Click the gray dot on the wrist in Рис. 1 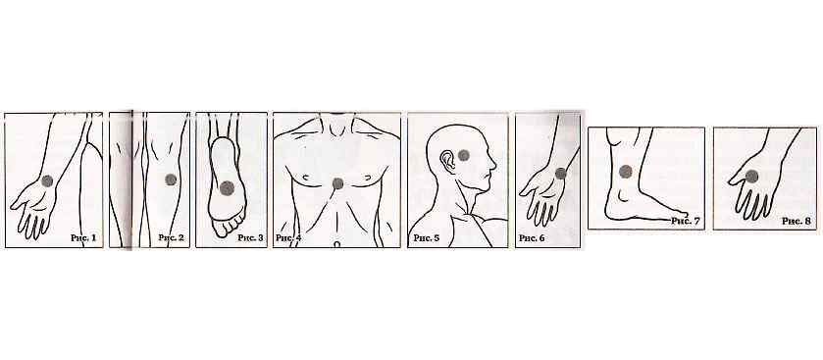[x=47, y=181]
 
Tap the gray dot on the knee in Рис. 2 [x=171, y=180]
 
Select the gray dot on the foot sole [x=227, y=188]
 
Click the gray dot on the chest [x=338, y=183]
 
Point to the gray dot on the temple [x=463, y=155]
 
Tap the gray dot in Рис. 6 [x=561, y=174]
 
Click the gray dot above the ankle [x=625, y=171]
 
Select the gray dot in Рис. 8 [x=751, y=177]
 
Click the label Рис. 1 [x=83, y=237]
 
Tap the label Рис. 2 [x=171, y=237]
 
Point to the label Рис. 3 [x=250, y=237]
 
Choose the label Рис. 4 [x=288, y=238]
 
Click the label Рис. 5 [x=427, y=238]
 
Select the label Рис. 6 [x=532, y=238]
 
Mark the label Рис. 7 [x=686, y=221]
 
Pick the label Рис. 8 [x=797, y=221]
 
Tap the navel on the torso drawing [x=337, y=244]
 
